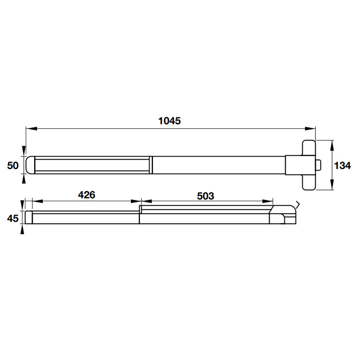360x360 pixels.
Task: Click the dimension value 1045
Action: click(170, 121)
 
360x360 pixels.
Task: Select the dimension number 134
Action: click(342, 166)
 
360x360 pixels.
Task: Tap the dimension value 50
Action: click(13, 166)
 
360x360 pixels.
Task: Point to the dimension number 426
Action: click(86, 195)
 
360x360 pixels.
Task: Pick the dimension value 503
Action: click(206, 196)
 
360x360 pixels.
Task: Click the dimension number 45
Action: click(13, 218)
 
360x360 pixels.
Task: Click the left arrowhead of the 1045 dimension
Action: click(31, 129)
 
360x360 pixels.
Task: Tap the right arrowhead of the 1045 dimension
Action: click(310, 129)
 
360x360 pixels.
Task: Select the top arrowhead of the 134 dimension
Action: click(332, 145)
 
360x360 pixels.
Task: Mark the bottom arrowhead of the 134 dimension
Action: click(332, 184)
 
